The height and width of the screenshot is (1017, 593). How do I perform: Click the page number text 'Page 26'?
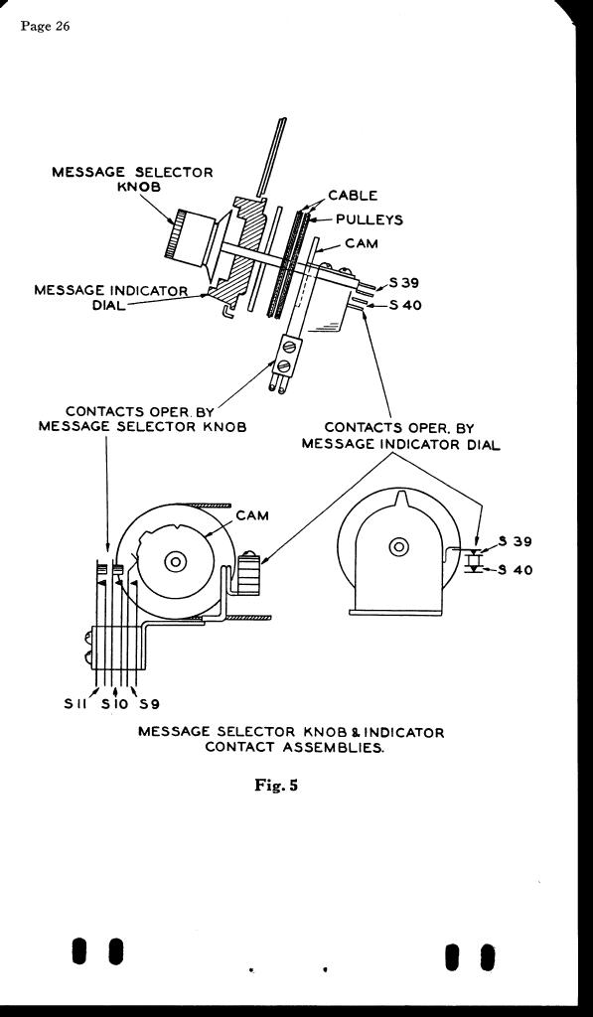click(45, 26)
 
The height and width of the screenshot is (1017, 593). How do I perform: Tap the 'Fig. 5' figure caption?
click(276, 785)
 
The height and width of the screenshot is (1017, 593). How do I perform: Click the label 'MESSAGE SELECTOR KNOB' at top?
click(132, 180)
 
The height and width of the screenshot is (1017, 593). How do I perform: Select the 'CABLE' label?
click(353, 195)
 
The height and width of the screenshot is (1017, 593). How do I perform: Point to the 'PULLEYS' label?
click(370, 219)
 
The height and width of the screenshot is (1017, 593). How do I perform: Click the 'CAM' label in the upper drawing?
click(362, 244)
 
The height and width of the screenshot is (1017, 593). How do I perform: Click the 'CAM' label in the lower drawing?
click(252, 515)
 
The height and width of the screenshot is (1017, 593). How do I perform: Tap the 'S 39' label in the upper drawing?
click(405, 283)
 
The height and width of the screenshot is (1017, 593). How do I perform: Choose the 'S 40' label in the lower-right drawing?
click(517, 570)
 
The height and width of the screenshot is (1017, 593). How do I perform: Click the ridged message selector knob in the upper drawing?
click(194, 238)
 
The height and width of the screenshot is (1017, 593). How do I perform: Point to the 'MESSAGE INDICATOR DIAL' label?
click(110, 298)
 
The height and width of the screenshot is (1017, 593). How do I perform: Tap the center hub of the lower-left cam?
click(175, 560)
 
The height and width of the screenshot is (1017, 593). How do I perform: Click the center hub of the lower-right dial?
click(398, 547)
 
